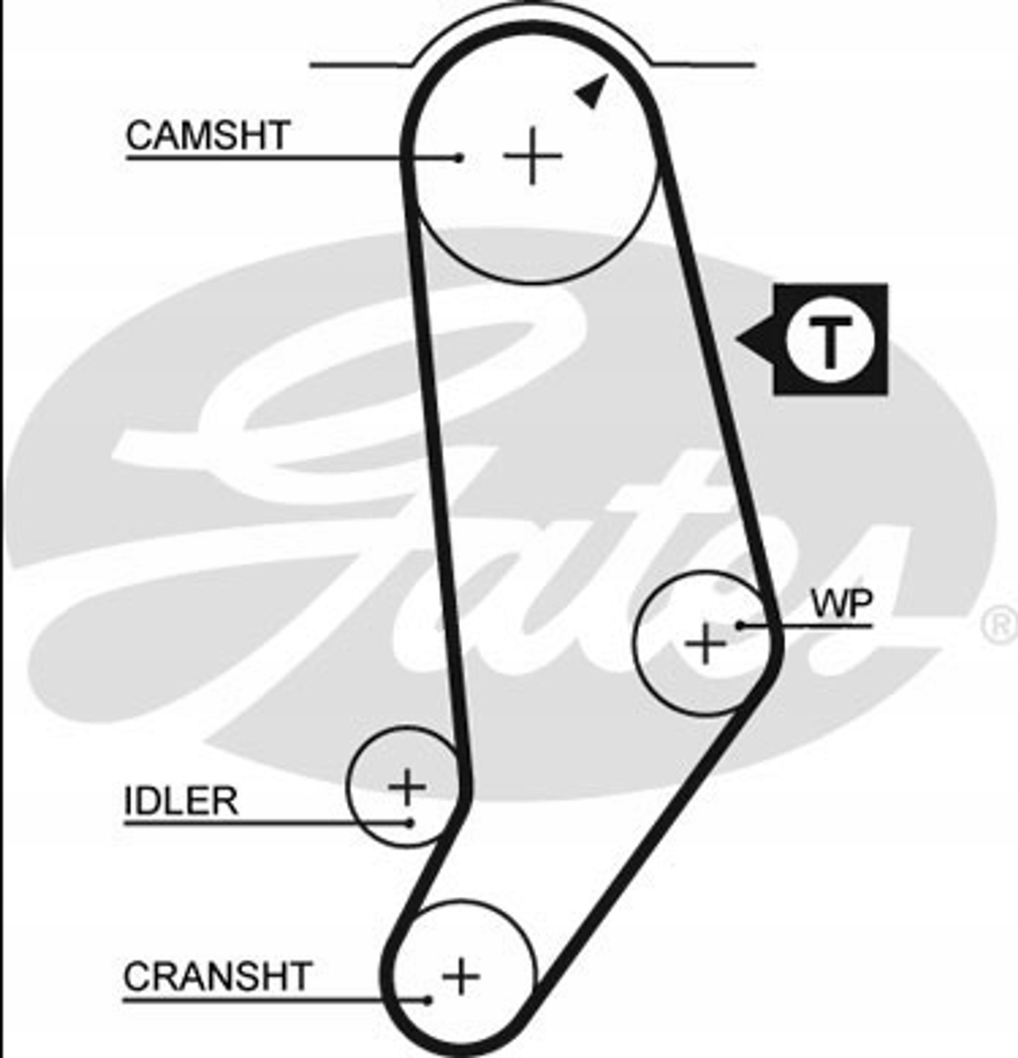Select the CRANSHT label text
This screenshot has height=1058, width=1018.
218,976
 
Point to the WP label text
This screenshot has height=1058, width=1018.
842,604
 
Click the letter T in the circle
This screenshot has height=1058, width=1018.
830,343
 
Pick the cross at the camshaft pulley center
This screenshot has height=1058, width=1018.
533,156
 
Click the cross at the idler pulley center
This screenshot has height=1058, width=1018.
407,786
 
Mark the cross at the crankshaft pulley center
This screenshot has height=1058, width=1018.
461,976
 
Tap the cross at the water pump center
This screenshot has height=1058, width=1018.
705,643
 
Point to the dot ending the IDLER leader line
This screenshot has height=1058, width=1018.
410,824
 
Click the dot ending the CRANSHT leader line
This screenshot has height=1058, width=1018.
427,1000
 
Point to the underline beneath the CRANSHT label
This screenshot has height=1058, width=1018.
275,1000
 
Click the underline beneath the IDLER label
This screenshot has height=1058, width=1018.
267,824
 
